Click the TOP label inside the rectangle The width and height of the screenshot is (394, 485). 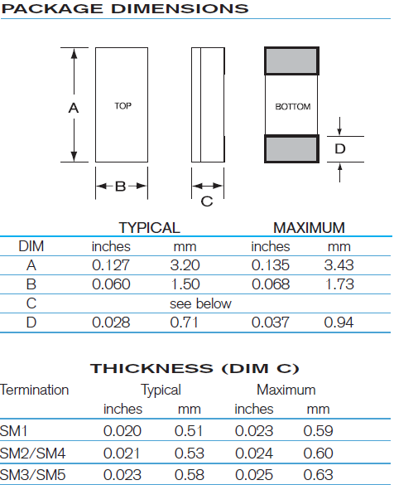123,106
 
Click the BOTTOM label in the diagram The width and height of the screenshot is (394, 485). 293,106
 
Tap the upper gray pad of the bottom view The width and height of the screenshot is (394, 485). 291,61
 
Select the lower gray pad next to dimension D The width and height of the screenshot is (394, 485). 291,148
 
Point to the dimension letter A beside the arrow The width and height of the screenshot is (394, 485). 74,108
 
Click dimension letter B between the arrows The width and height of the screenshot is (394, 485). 120,187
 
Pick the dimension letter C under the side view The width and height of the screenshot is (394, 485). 207,201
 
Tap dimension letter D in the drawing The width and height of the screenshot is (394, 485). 340,148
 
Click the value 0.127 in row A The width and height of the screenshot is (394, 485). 111,265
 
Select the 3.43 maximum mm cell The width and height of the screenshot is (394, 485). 339,265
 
